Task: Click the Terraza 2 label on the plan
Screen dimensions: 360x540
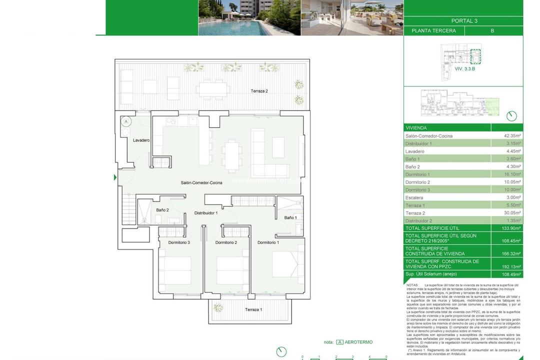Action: [259, 91]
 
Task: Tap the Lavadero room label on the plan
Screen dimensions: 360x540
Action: [141, 140]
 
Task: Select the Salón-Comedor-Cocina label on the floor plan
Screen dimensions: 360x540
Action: [201, 183]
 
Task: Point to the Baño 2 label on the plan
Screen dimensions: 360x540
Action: [162, 210]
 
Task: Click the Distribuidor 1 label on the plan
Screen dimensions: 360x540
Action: [206, 213]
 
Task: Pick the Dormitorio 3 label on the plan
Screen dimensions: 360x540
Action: [179, 242]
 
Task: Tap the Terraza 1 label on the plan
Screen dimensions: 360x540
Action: [253, 310]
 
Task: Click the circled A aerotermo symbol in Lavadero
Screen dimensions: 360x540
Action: [126, 121]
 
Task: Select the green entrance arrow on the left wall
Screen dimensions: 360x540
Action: [115, 177]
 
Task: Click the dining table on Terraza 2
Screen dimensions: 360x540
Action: [212, 89]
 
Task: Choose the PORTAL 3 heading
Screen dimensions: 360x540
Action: [464, 21]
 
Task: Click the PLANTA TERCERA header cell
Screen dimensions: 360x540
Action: [433, 30]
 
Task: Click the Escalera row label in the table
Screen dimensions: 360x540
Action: [414, 197]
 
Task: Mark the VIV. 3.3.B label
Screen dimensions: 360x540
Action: [464, 68]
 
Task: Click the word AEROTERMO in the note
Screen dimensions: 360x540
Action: [358, 342]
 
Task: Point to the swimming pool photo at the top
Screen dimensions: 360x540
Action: [249, 17]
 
